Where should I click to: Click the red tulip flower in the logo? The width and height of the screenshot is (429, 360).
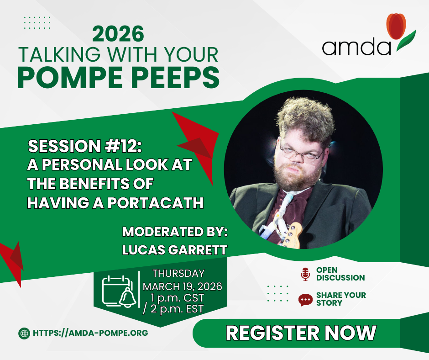pyautogui.click(x=396, y=26)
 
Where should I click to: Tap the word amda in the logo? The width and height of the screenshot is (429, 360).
pyautogui.click(x=356, y=47)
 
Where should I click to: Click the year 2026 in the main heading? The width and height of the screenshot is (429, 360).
pyautogui.click(x=118, y=34)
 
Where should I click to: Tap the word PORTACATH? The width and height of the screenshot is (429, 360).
pyautogui.click(x=156, y=203)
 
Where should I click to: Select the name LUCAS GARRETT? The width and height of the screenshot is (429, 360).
pyautogui.click(x=174, y=250)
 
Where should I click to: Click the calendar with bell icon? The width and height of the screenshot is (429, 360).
pyautogui.click(x=119, y=291)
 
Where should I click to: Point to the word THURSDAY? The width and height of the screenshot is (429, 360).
pyautogui.click(x=178, y=273)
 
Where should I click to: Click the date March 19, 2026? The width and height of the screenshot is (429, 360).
pyautogui.click(x=182, y=286)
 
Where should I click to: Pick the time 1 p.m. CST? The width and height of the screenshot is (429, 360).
pyautogui.click(x=177, y=298)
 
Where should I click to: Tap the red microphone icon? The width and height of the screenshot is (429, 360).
pyautogui.click(x=305, y=274)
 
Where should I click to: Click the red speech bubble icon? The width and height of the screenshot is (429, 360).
pyautogui.click(x=305, y=300)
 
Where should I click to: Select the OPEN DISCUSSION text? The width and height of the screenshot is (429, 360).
pyautogui.click(x=340, y=274)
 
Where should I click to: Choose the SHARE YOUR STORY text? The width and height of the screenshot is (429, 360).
pyautogui.click(x=341, y=299)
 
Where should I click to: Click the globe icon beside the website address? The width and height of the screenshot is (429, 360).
pyautogui.click(x=24, y=334)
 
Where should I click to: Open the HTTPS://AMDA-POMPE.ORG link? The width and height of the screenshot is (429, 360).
pyautogui.click(x=90, y=333)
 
